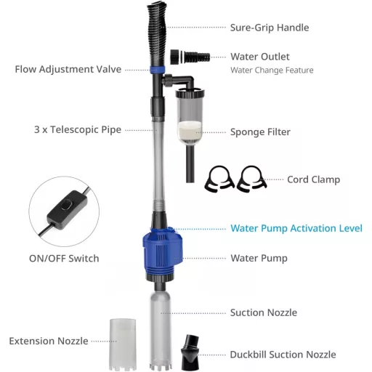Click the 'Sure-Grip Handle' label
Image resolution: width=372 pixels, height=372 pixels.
pyautogui.click(x=270, y=28)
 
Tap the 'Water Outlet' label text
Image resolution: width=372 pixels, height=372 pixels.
pyautogui.click(x=260, y=57)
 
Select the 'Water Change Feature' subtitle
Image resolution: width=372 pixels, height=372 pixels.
pyautogui.click(x=272, y=70)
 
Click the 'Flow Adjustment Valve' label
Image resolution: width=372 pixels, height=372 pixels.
pyautogui.click(x=68, y=69)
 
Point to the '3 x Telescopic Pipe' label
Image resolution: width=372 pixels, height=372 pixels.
pyautogui.click(x=78, y=129)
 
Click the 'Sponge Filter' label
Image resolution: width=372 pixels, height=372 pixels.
pyautogui.click(x=260, y=132)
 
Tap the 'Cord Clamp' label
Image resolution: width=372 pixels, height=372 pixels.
pyautogui.click(x=313, y=179)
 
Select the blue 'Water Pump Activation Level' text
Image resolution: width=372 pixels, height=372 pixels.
pyautogui.click(x=296, y=228)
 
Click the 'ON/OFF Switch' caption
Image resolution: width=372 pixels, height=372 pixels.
pyautogui.click(x=64, y=259)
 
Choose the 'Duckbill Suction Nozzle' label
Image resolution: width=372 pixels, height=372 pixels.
pyautogui.click(x=283, y=355)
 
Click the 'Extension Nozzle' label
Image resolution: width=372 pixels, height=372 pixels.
pyautogui.click(x=49, y=341)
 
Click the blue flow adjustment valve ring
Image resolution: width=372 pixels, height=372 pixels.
pyautogui.click(x=157, y=70)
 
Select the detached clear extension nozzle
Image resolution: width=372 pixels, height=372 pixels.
pyautogui.click(x=123, y=344)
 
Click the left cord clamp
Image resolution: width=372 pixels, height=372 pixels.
pyautogui.click(x=219, y=179)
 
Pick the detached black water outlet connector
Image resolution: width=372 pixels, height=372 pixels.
pyautogui.click(x=190, y=57)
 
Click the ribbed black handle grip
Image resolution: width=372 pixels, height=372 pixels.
pyautogui.click(x=156, y=34)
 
